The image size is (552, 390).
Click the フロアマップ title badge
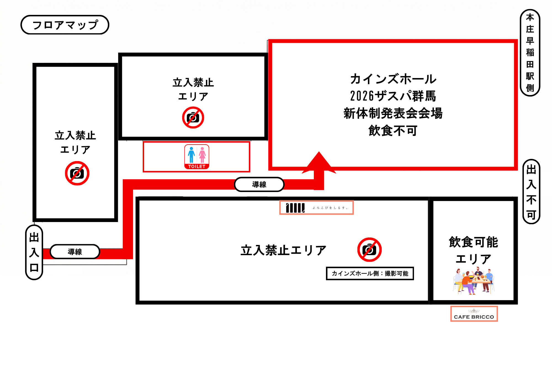(x=65, y=25)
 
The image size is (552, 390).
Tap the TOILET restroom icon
(x=197, y=157)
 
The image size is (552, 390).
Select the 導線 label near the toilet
(x=259, y=185)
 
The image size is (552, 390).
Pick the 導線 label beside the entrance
(x=75, y=252)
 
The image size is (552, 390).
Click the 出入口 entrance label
(x=34, y=252)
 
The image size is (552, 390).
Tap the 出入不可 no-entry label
(x=531, y=192)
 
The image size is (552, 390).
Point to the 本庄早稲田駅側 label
(x=530, y=53)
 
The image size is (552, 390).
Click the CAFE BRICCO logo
(x=474, y=314)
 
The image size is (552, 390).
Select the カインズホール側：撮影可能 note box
(x=370, y=273)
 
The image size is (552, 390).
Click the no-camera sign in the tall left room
(x=77, y=173)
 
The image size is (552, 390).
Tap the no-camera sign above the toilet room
(x=193, y=117)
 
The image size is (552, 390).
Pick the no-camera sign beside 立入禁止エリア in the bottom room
(x=369, y=250)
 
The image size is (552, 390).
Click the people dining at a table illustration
(x=474, y=281)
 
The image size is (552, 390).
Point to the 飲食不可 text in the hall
(x=393, y=130)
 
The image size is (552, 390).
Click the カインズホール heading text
(x=393, y=79)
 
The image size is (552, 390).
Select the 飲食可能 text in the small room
(x=473, y=242)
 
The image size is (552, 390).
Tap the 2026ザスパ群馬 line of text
(x=393, y=96)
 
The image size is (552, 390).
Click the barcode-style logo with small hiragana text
(x=316, y=208)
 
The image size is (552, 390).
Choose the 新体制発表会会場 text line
(x=393, y=113)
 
